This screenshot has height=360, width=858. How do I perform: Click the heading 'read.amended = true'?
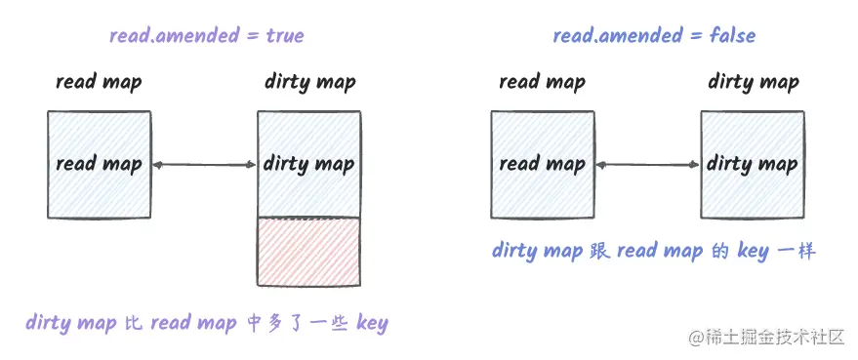coord(206,36)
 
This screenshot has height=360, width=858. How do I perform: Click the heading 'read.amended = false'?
coord(653,36)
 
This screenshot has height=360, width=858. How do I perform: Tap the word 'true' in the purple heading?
coord(284,36)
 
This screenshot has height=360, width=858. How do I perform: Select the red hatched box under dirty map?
coord(309,251)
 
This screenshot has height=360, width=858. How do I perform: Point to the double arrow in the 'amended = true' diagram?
coord(204,165)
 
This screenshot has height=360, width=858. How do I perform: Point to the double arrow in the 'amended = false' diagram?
coord(647,165)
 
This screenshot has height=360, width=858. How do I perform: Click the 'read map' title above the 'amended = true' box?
coord(99,82)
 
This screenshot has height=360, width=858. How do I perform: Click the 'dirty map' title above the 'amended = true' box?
coord(310,82)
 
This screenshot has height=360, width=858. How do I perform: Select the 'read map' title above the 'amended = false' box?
coord(542,82)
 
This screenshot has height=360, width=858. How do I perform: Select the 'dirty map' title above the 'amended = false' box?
coord(754,82)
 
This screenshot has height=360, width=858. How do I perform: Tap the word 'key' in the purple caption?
coord(372,323)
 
